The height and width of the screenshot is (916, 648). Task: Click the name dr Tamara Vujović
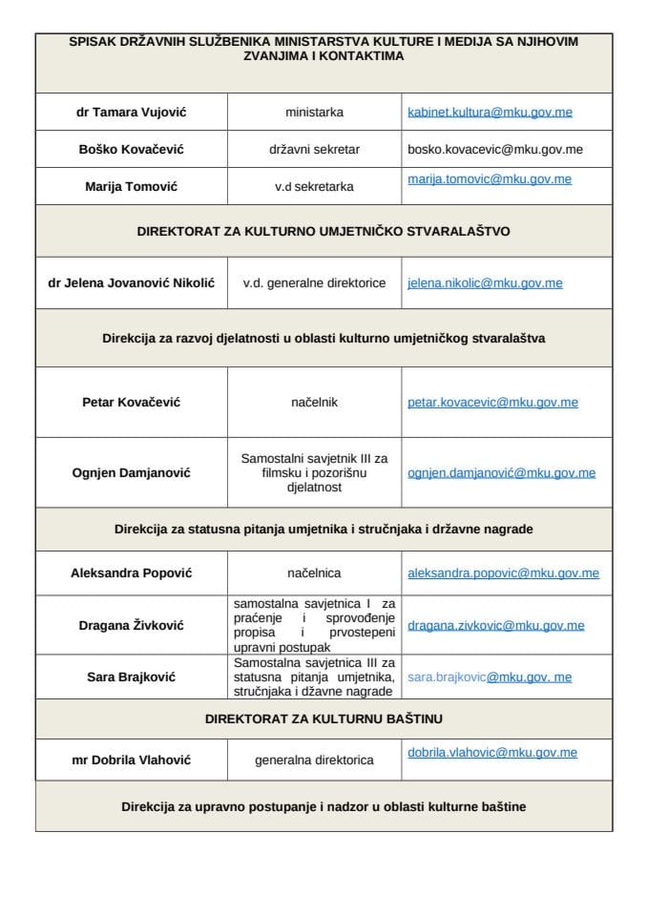click(x=131, y=113)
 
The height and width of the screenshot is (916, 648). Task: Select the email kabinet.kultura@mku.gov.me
click(x=490, y=113)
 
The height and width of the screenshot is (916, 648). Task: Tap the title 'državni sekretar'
click(x=314, y=149)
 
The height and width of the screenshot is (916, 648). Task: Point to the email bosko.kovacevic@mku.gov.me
click(x=494, y=149)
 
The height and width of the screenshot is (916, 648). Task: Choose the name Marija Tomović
click(x=131, y=186)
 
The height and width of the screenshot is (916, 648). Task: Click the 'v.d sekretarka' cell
click(x=314, y=186)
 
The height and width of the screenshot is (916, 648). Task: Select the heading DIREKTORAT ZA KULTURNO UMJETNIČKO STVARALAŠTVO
click(x=324, y=231)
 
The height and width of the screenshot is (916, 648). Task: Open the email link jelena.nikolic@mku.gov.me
click(x=484, y=283)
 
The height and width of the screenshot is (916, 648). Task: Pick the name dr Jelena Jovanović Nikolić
click(x=131, y=283)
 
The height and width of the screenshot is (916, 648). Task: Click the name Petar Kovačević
click(x=131, y=403)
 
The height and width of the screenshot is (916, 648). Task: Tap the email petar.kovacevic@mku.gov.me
click(x=492, y=403)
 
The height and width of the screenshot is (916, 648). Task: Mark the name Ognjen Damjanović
click(x=131, y=472)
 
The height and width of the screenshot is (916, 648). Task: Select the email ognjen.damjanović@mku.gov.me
click(x=501, y=472)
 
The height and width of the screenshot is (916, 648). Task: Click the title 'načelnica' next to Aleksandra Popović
click(x=314, y=573)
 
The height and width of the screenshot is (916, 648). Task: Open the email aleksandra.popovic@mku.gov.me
click(x=503, y=573)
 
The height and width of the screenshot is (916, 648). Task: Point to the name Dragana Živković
click(x=131, y=626)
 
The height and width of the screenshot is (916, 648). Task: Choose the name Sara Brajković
click(x=131, y=677)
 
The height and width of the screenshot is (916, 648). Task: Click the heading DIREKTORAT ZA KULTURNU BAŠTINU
click(x=324, y=718)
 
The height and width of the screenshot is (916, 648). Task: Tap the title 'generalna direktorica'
click(x=314, y=760)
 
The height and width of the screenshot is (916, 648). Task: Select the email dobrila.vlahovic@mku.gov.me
click(x=491, y=753)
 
